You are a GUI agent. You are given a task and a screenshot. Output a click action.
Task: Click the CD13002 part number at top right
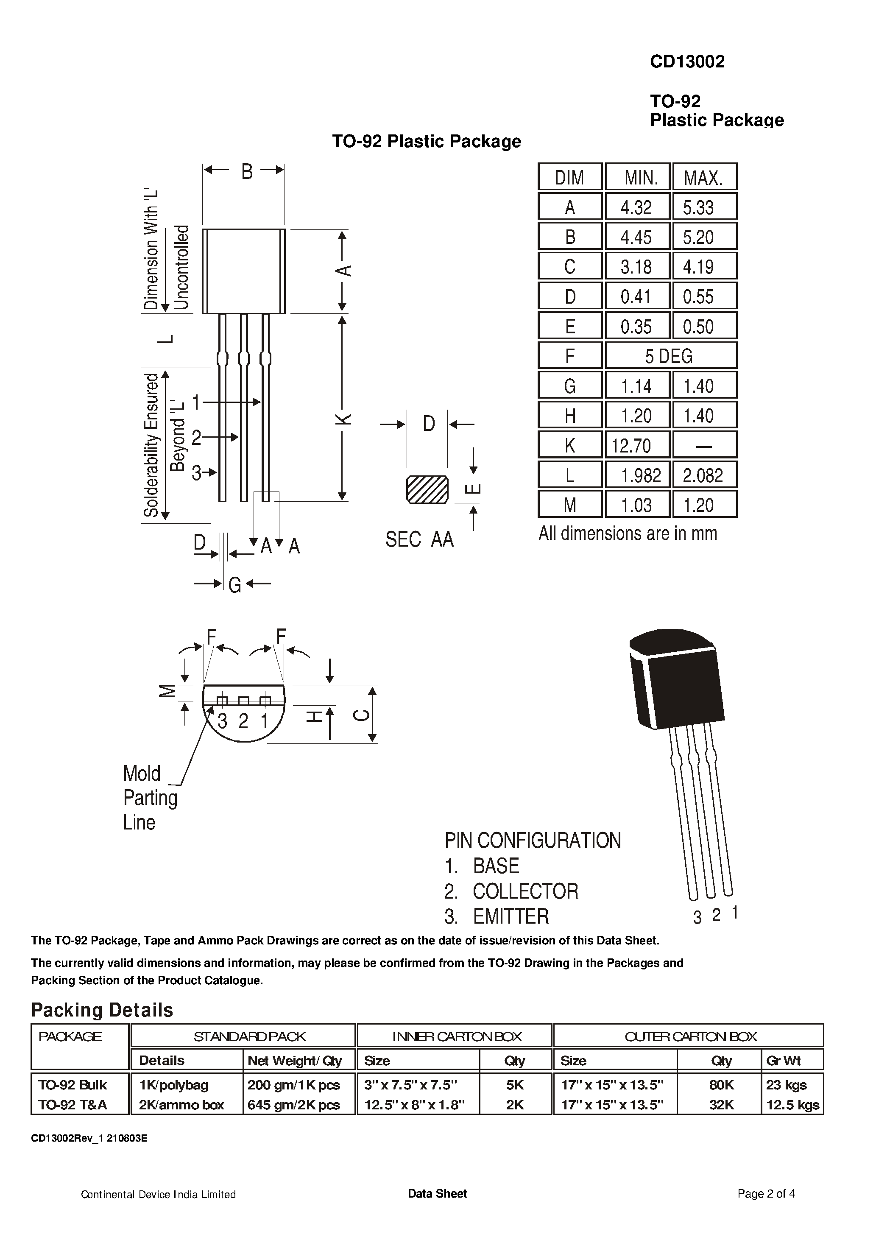click(x=687, y=61)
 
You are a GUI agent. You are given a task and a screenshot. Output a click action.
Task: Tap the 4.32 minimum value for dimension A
click(x=636, y=207)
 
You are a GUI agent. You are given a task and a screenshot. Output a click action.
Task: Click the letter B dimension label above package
click(x=247, y=172)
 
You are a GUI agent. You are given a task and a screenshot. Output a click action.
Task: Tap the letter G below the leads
click(x=234, y=585)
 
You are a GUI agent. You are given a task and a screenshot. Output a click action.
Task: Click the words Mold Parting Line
click(x=150, y=798)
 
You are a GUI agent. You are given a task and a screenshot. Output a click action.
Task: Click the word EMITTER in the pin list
click(x=511, y=916)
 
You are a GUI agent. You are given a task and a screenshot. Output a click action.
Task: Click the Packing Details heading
click(x=102, y=1010)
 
